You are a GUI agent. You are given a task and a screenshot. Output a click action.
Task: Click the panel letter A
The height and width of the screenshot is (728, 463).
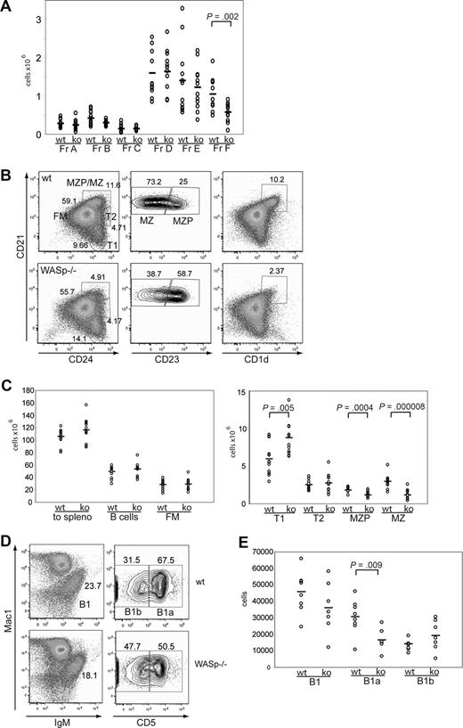click(7, 8)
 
